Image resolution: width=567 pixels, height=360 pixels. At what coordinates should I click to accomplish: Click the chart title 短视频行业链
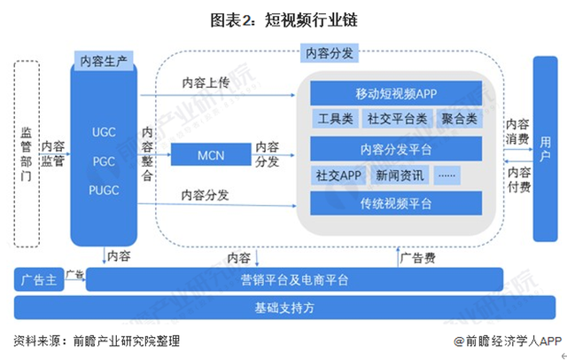point(283,18)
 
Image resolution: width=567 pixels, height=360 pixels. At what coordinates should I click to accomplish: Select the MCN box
point(210,157)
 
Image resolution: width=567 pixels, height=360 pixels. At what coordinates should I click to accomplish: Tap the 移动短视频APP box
point(395,93)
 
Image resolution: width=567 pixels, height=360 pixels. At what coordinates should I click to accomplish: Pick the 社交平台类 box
point(395,119)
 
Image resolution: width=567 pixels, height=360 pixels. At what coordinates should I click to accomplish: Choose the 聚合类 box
point(459,119)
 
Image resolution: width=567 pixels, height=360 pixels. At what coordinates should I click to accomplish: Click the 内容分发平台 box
point(395,147)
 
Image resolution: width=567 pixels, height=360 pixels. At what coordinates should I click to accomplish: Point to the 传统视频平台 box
point(395,203)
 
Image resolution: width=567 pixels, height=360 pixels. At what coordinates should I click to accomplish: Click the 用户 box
point(545,146)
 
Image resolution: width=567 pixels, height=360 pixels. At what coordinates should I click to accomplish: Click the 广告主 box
point(38,281)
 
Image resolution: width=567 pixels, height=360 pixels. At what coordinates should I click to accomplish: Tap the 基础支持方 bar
point(283,308)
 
